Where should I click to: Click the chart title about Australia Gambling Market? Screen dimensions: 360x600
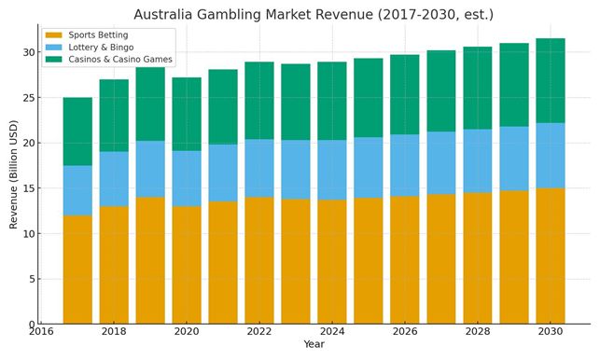pyautogui.click(x=313, y=14)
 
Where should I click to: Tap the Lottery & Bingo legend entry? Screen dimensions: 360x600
pyautogui.click(x=101, y=47)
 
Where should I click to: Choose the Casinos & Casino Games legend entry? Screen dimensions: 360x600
pyautogui.click(x=120, y=59)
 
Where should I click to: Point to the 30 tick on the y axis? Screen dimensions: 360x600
pyautogui.click(x=29, y=52)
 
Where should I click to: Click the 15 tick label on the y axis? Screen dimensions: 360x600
pyautogui.click(x=29, y=188)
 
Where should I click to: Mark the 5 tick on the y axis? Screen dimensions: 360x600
pyautogui.click(x=32, y=279)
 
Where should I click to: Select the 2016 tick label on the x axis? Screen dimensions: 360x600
pyautogui.click(x=41, y=332)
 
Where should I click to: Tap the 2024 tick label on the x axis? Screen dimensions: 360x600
pyautogui.click(x=332, y=332)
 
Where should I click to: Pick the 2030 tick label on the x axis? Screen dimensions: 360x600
pyautogui.click(x=551, y=332)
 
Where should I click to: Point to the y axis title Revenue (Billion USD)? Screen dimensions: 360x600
pyautogui.click(x=13, y=174)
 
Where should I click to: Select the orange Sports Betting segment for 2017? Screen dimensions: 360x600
pyautogui.click(x=77, y=270)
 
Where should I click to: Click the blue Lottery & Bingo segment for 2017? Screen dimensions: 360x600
pyautogui.click(x=77, y=190)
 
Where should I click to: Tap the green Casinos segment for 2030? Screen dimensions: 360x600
pyautogui.click(x=551, y=80)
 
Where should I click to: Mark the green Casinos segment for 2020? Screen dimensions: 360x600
pyautogui.click(x=187, y=114)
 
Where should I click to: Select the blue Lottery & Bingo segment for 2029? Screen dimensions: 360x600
pyautogui.click(x=514, y=159)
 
